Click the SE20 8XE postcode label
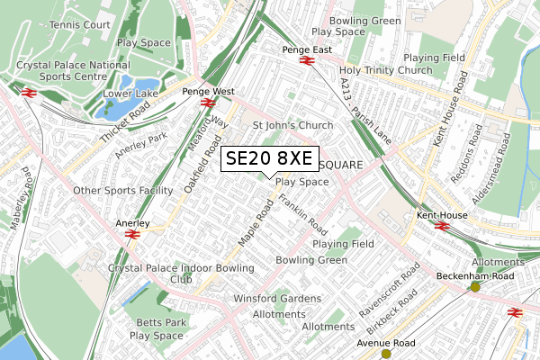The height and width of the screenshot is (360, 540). pyautogui.click(x=268, y=158)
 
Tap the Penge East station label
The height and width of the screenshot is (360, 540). pyautogui.click(x=307, y=49)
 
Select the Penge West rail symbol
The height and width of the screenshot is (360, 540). pyautogui.click(x=207, y=103)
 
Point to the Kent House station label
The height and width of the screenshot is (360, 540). pyautogui.click(x=439, y=216)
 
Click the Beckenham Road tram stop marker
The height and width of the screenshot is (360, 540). pyautogui.click(x=475, y=287)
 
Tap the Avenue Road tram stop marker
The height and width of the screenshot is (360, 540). pyautogui.click(x=386, y=354)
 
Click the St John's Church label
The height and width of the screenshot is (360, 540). pyautogui.click(x=292, y=125)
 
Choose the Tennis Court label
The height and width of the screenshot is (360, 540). pyautogui.click(x=80, y=24)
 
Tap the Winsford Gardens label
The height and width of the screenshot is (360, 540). pyautogui.click(x=277, y=299)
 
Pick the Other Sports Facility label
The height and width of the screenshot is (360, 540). pyautogui.click(x=122, y=191)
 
